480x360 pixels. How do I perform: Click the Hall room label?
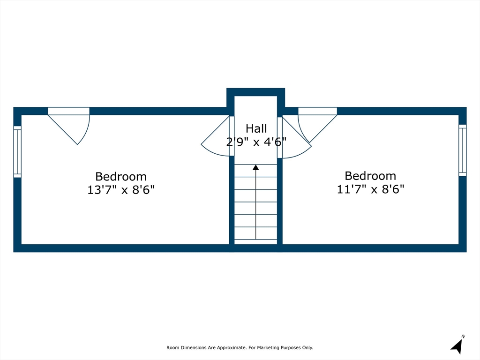coord(256,128)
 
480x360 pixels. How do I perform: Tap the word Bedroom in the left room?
coord(121,177)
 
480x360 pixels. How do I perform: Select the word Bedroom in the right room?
coord(370,176)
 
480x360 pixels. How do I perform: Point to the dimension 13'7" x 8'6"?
coord(121,190)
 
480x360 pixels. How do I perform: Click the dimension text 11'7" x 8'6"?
coord(370,189)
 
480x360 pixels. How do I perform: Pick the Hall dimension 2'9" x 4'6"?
coord(256,142)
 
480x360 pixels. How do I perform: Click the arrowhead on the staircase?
coord(256,167)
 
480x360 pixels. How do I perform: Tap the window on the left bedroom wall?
coord(17,152)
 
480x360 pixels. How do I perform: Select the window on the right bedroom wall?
coord(462,150)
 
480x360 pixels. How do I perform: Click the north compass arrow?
coord(457,347)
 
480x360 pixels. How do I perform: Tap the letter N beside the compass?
coord(463,336)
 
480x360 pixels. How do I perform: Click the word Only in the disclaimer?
coord(307,348)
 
